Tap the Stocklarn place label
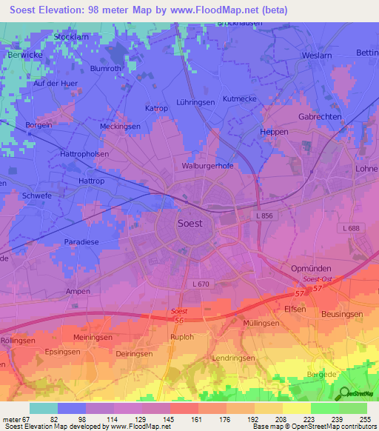pos(72,36)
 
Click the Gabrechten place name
pos(319,117)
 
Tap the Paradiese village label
pos(81,241)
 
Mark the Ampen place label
pos(78,291)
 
